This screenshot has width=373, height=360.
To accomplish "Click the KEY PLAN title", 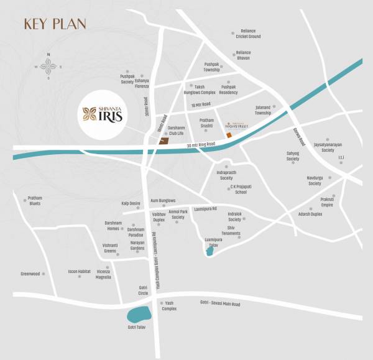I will (55, 24).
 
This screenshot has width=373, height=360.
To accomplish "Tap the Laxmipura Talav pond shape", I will (210, 251).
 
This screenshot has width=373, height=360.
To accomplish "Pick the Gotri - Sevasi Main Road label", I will (220, 304).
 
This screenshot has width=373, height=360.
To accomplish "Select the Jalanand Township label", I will (264, 110).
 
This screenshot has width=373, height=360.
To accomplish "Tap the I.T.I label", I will (341, 157).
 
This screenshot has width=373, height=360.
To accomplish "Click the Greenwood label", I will (30, 274).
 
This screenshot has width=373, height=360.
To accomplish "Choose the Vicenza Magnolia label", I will (103, 274).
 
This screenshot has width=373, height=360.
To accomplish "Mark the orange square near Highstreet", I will (228, 135).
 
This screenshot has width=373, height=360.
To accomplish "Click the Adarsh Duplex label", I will (310, 214).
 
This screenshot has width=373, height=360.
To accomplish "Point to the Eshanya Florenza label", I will (142, 81).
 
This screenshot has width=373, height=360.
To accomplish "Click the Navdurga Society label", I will (315, 181).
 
